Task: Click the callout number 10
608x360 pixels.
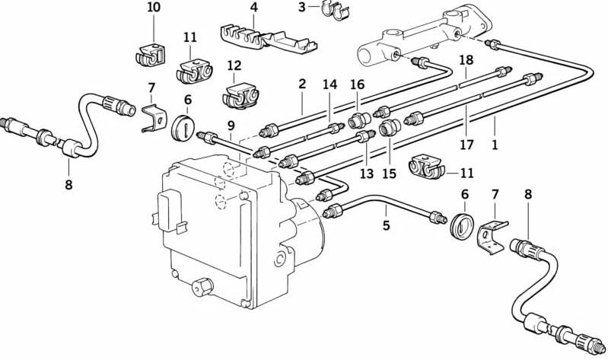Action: (154, 8)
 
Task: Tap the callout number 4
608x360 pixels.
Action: (253, 8)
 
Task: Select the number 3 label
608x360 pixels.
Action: (301, 7)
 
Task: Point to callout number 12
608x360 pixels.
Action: (234, 65)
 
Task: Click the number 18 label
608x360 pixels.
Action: (466, 60)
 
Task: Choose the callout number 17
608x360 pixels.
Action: (467, 145)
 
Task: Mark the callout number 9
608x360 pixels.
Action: (231, 126)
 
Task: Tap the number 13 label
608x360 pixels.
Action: (367, 174)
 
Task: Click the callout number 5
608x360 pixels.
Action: (386, 225)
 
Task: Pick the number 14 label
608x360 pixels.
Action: (330, 84)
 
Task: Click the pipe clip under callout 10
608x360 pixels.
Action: (151, 55)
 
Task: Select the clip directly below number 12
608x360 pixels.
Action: (240, 95)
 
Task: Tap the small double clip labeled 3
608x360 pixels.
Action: (335, 11)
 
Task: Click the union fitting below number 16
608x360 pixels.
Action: (358, 120)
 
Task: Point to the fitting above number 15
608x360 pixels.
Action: (389, 128)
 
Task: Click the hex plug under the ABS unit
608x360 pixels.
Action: (202, 287)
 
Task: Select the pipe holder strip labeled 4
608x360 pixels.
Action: (269, 38)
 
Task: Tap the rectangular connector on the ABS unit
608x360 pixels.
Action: (170, 211)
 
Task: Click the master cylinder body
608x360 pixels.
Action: (425, 36)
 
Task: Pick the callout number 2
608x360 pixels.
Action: (302, 84)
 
